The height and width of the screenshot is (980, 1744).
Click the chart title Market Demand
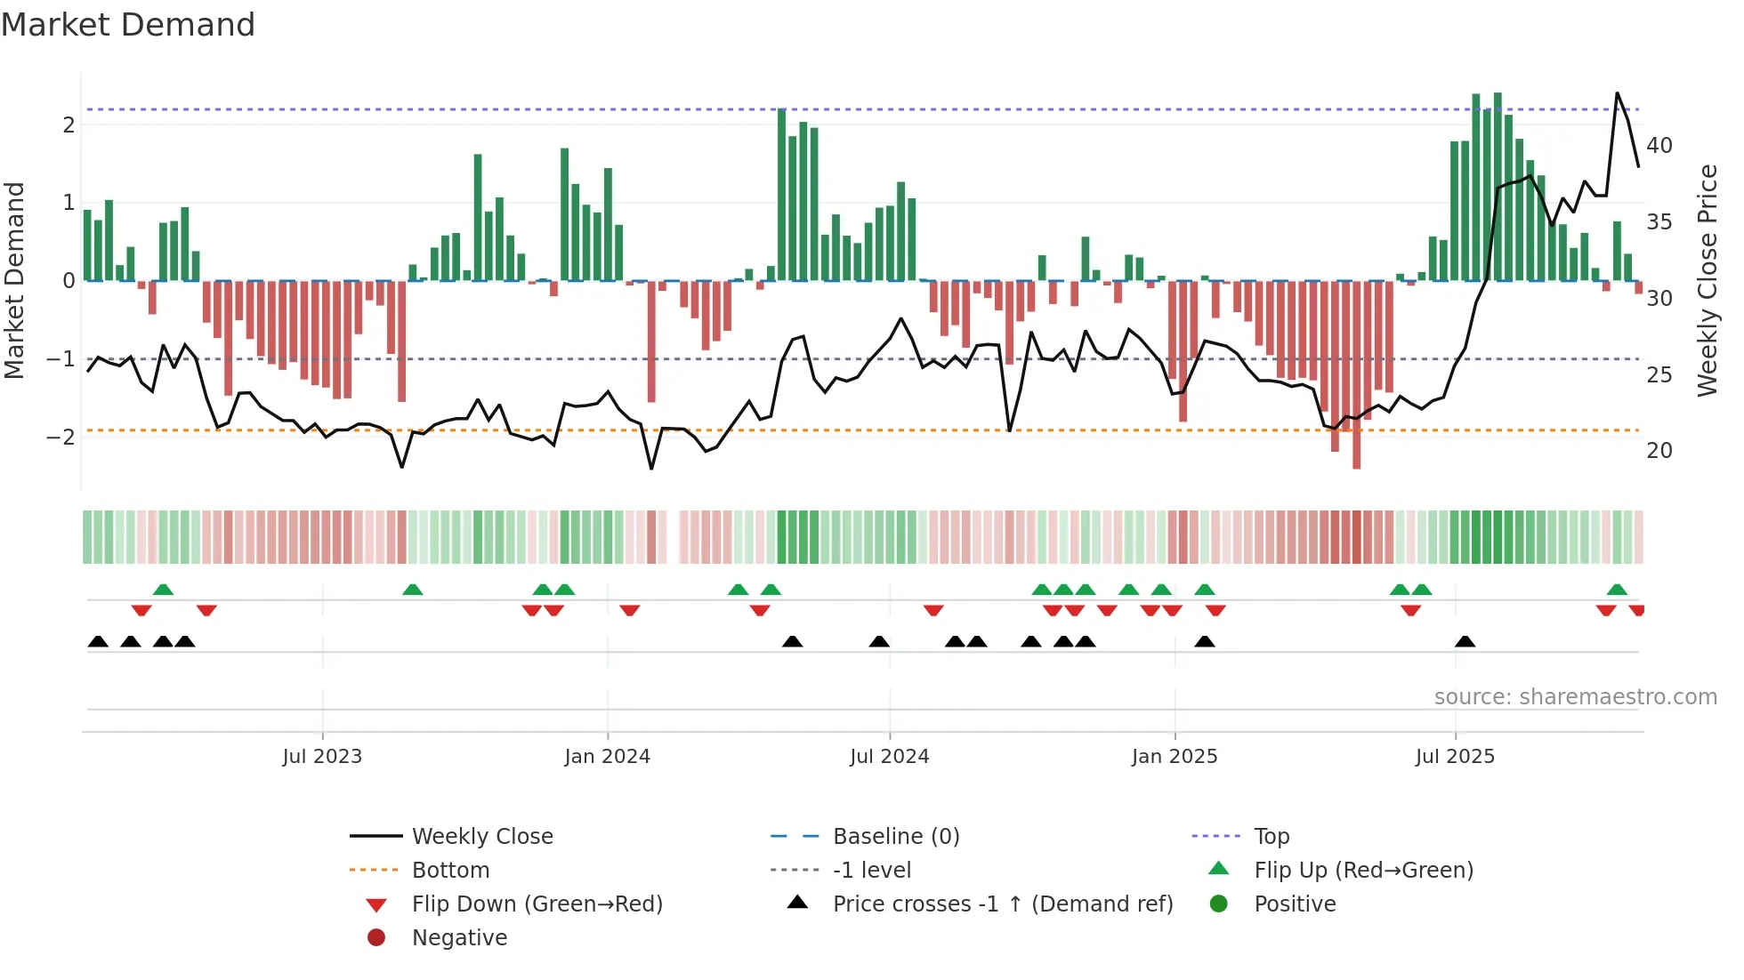(128, 25)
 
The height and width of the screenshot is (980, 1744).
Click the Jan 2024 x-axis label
(607, 757)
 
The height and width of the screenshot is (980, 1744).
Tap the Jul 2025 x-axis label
(1455, 757)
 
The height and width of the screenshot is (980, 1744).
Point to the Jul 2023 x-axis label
(322, 757)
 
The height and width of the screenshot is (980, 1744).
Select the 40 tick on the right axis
(1659, 145)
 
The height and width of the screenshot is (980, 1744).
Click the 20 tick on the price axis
(1659, 451)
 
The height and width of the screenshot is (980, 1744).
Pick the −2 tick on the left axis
(61, 437)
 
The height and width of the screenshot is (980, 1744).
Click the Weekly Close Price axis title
(1707, 280)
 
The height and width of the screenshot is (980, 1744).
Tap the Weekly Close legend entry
(481, 837)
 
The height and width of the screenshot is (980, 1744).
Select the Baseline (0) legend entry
(895, 837)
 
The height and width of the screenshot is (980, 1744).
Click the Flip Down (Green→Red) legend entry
(537, 904)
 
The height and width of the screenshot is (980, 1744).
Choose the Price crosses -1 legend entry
(1002, 904)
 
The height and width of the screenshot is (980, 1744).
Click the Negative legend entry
(459, 938)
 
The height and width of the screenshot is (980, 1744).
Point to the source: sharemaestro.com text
(1575, 697)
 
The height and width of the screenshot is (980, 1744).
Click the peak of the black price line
(1617, 93)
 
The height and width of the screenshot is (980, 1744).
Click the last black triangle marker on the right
(1465, 642)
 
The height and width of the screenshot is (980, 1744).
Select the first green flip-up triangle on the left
(163, 590)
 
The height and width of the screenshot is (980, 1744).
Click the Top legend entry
(1272, 837)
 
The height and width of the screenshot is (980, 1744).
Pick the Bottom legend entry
(450, 871)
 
